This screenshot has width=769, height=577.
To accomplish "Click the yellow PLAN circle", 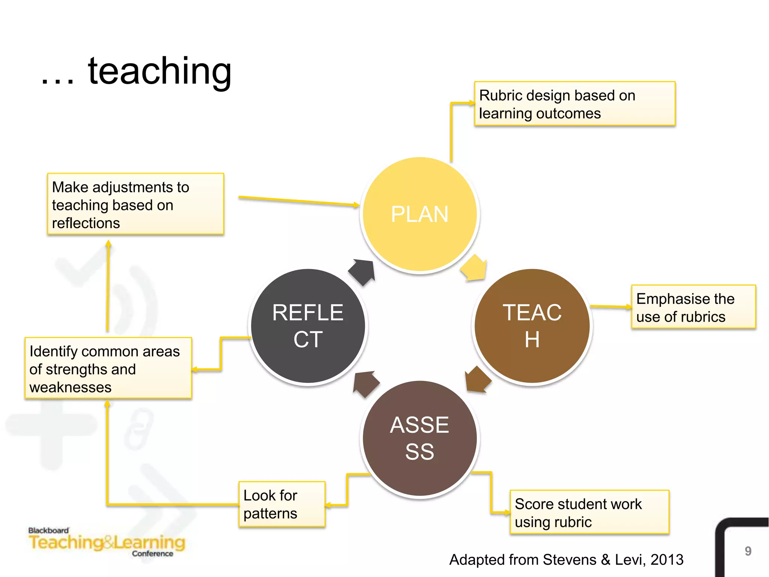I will click(x=420, y=214).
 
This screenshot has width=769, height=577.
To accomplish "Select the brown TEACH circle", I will click(x=532, y=326).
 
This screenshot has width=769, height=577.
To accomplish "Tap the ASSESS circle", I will click(x=420, y=438).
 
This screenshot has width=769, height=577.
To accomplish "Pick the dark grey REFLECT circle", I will click(x=308, y=326).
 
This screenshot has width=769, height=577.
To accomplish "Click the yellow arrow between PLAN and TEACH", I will click(x=474, y=267).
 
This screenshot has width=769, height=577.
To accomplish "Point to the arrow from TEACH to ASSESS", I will click(x=477, y=379).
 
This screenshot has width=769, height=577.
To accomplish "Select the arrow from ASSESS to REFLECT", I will click(x=366, y=384).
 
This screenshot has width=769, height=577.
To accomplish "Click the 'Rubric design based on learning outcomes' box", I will click(x=574, y=104).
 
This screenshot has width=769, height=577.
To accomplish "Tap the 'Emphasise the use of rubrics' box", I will click(x=693, y=307).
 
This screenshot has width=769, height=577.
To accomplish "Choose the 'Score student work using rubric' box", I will click(x=589, y=512).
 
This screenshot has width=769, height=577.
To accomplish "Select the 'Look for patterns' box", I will click(x=282, y=504).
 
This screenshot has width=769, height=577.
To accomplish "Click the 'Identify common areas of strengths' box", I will click(x=108, y=368).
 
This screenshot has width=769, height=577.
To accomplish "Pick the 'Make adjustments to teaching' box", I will click(x=136, y=204).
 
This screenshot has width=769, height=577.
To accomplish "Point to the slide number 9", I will click(x=748, y=551).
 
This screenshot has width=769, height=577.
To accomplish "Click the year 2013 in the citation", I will click(x=667, y=560).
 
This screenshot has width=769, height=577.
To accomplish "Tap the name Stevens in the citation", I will click(x=569, y=560).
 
